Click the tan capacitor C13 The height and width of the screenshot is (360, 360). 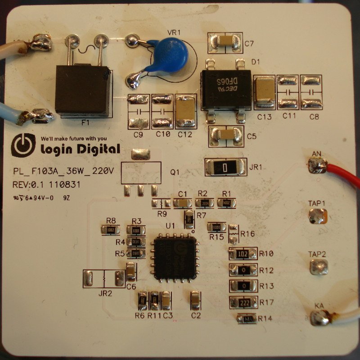[264, 92]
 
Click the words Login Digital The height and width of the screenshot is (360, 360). [80, 149]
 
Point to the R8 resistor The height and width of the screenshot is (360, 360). [111, 230]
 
